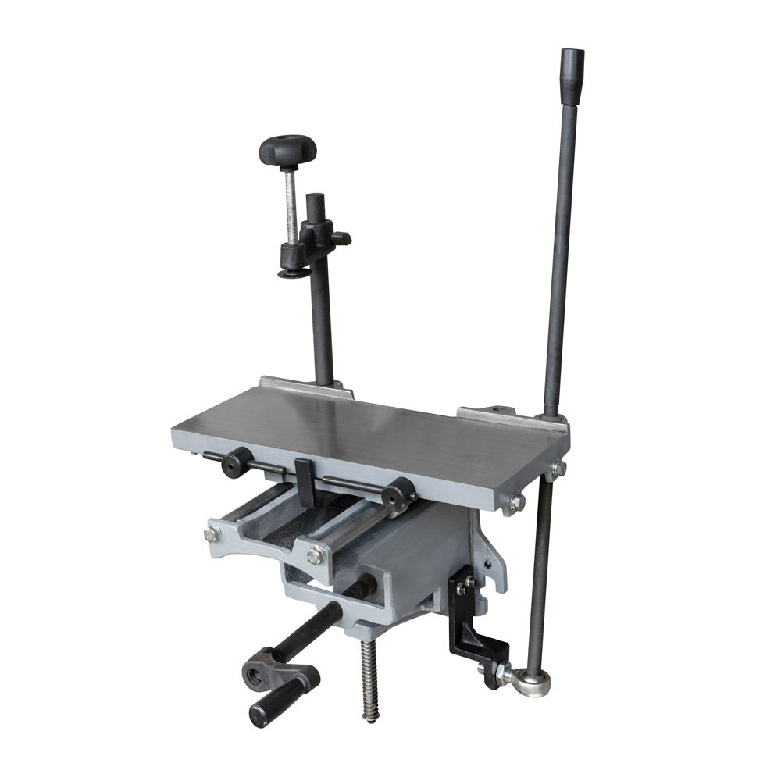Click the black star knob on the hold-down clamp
(287, 148)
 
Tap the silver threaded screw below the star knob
(291, 207)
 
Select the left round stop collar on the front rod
(235, 462)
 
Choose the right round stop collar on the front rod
(398, 494)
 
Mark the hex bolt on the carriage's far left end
(211, 535)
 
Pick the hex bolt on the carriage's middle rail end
(316, 555)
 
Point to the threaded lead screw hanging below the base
(369, 679)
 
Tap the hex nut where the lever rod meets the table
(557, 469)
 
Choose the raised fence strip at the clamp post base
(305, 387)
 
